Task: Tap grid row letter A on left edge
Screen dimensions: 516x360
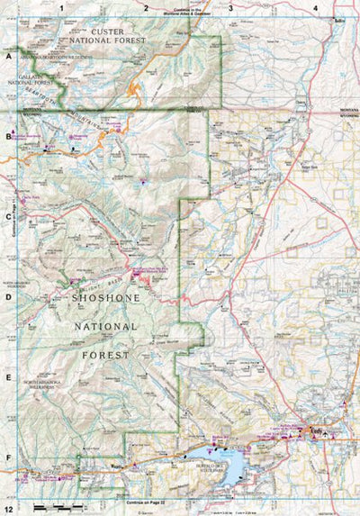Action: pyautogui.click(x=8, y=55)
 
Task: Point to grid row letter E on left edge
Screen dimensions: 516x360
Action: pyautogui.click(x=8, y=377)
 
